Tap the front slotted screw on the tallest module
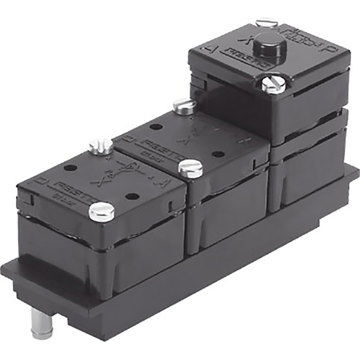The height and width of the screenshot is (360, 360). (273, 84)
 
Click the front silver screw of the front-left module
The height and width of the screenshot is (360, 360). (101, 211)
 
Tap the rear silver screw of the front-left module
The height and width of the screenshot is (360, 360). (101, 147)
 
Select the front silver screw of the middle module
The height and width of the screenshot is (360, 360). (190, 168)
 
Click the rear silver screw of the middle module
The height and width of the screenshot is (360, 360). (184, 106)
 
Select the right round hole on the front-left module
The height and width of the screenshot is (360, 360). (132, 196)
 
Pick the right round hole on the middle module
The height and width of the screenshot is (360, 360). (218, 154)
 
